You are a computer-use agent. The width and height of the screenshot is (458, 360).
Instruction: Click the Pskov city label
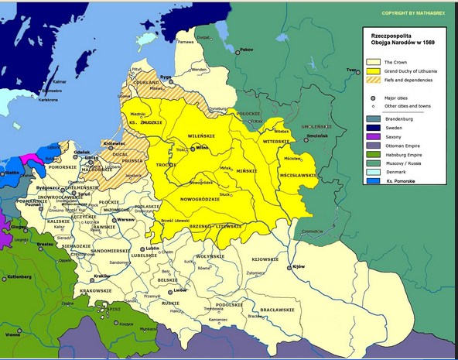pyautogui.click(x=246, y=50)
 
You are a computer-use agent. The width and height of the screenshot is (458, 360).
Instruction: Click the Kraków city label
pyautogui.click(x=101, y=276)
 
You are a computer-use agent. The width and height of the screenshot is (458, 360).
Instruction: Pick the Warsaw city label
pyautogui.click(x=125, y=219)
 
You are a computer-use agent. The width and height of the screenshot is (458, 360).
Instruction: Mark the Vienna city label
pyautogui.click(x=12, y=335)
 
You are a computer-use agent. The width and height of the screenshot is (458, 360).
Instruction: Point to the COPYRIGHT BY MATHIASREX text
pyautogui.click(x=414, y=14)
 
